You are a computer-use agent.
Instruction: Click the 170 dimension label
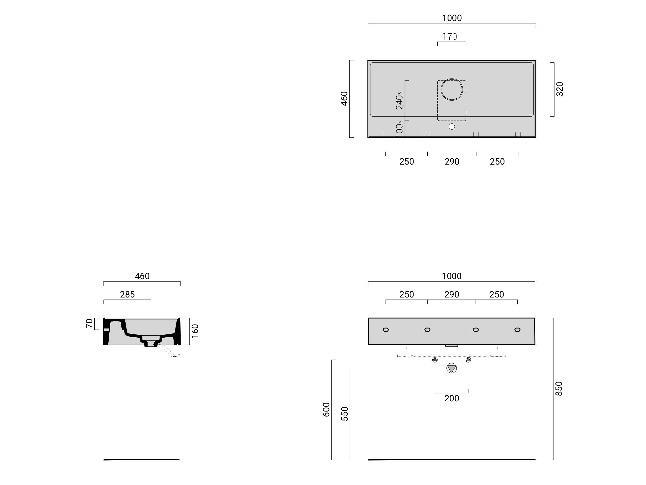point(449,37)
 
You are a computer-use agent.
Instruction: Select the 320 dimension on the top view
point(560,89)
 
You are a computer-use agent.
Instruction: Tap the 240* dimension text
point(400,101)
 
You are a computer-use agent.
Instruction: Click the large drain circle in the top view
point(452,89)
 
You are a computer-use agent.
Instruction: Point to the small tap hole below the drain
point(452,127)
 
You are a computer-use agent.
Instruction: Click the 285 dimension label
point(127,294)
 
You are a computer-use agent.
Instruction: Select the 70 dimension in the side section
point(89,323)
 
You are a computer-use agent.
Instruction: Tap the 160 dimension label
point(195,331)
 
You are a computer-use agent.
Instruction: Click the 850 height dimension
point(559,389)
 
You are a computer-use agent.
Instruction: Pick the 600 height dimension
point(327,410)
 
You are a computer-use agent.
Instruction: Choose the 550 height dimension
point(345,414)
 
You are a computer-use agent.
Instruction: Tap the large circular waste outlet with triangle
point(451,368)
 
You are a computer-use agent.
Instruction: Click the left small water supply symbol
point(435,360)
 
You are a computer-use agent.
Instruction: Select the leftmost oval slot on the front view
point(386,330)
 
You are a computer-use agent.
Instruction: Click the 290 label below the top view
point(452,162)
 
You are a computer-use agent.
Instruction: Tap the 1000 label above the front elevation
point(451,276)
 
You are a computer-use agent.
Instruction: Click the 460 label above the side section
point(142,276)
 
